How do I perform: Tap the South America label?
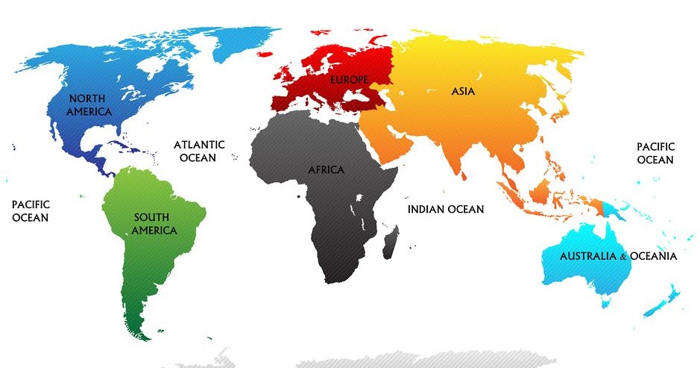[154, 224]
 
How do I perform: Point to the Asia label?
[462, 91]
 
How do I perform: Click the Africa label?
[327, 170]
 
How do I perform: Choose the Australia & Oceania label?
[618, 256]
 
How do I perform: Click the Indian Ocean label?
[445, 209]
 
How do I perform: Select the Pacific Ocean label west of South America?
[30, 210]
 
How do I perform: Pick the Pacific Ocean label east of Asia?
[655, 154]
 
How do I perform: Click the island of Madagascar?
[389, 243]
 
